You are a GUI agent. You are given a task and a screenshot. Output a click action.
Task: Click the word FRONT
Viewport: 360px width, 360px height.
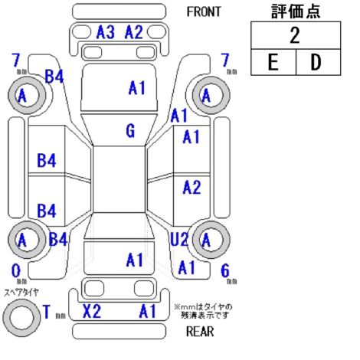[204, 11]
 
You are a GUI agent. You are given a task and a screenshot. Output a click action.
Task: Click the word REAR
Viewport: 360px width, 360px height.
[200, 332]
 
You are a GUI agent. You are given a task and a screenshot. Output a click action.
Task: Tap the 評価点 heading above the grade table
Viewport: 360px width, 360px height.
[296, 11]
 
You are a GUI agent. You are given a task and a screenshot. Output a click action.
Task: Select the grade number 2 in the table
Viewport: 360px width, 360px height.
[295, 35]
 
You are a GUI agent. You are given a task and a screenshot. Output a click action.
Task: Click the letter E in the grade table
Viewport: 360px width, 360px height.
[273, 62]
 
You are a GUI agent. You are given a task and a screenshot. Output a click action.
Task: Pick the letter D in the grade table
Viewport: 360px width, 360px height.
[316, 62]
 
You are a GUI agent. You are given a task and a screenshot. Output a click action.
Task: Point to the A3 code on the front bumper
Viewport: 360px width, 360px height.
[106, 32]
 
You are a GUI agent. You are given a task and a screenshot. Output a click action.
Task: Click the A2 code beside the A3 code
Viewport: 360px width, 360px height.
[133, 32]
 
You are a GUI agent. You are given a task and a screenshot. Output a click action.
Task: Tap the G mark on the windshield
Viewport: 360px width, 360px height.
[130, 131]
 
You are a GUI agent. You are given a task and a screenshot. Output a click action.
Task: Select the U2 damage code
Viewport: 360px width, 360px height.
[179, 239]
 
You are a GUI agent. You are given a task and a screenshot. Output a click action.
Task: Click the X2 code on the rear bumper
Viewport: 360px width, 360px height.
[92, 311]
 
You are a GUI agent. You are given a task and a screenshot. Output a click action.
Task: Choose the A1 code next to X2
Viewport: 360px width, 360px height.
[148, 311]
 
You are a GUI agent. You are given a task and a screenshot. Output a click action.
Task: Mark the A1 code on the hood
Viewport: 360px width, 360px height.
[137, 88]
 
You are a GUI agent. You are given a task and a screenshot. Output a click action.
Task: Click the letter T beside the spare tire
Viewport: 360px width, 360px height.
[47, 312]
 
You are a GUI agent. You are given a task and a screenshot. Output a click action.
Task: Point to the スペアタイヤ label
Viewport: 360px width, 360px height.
[21, 293]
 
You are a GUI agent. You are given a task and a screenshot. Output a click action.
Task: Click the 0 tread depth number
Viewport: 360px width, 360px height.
[16, 270]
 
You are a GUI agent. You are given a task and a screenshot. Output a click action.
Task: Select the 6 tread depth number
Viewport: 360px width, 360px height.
[225, 270]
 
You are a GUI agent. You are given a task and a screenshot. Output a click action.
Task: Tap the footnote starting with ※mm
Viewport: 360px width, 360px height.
[203, 311]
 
